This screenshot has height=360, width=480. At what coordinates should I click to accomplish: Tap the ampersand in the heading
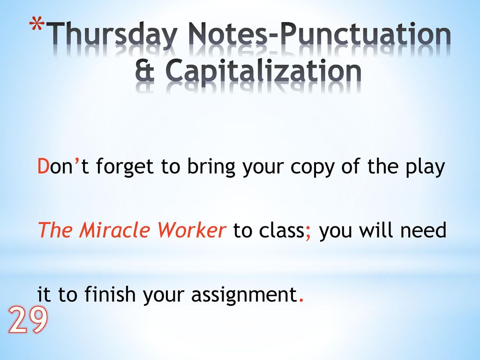(144, 71)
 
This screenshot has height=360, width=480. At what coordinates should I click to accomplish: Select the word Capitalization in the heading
(263, 74)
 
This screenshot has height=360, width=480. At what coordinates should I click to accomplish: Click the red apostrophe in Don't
(77, 161)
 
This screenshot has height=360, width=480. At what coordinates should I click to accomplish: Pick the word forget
(124, 168)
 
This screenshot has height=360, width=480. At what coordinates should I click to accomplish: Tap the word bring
(211, 168)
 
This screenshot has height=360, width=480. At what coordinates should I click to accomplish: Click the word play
(425, 168)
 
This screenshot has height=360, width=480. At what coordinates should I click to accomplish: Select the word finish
(110, 294)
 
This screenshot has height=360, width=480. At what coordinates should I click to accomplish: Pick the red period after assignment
(301, 300)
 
